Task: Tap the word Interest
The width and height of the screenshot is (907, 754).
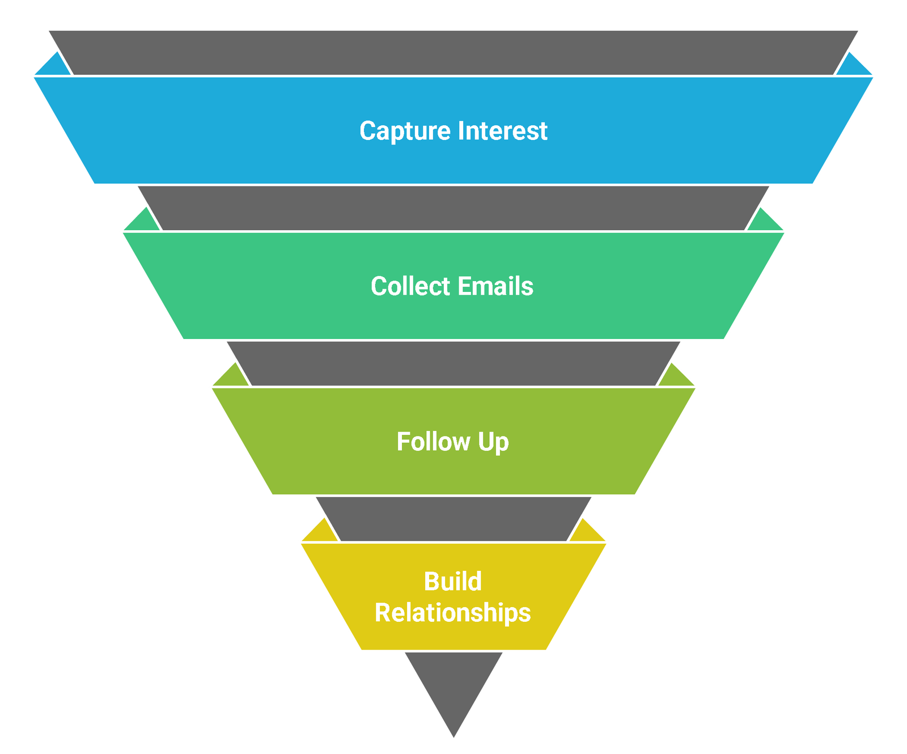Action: click(502, 131)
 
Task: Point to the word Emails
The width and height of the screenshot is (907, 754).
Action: click(495, 286)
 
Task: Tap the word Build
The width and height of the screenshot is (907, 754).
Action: click(453, 582)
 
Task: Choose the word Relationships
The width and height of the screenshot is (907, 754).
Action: click(453, 613)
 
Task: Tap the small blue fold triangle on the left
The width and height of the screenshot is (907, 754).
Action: click(54, 66)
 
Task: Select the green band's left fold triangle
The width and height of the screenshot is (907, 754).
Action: click(142, 222)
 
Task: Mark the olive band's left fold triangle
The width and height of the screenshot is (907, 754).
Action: click(231, 378)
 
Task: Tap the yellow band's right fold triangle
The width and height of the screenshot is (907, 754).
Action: click(588, 533)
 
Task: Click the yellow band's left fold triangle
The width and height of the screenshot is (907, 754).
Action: click(319, 533)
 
